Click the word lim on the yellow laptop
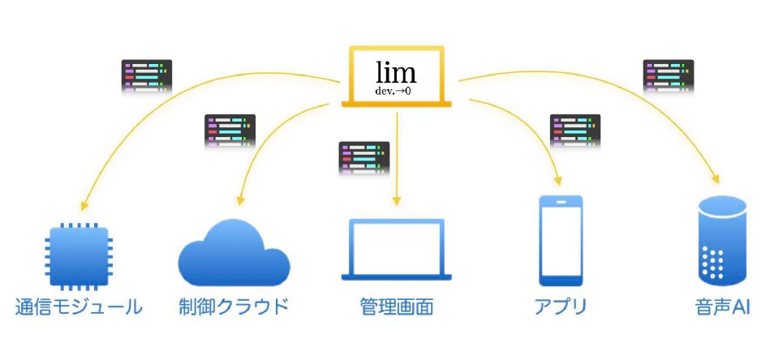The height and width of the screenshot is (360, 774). (x=396, y=72)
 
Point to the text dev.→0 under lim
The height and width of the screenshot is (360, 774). (x=396, y=91)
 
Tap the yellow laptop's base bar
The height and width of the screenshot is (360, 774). (x=397, y=104)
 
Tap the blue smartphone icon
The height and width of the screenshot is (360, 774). (x=560, y=240)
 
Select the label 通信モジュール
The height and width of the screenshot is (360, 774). (x=80, y=307)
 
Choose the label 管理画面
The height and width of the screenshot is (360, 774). (x=396, y=307)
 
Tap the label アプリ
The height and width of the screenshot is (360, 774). (x=559, y=307)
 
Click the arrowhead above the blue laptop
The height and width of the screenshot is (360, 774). (x=396, y=200)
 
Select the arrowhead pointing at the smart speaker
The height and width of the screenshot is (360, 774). (x=715, y=179)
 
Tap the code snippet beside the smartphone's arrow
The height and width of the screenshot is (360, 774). (x=575, y=129)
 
